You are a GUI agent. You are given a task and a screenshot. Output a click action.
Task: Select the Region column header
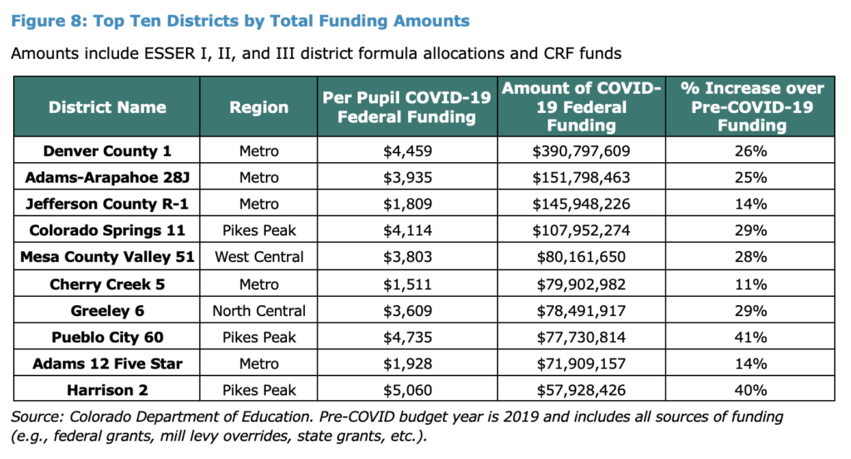click(x=258, y=107)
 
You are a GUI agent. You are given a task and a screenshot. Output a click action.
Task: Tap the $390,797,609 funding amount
click(x=582, y=151)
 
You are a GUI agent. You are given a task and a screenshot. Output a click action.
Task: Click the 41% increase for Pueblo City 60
click(x=750, y=337)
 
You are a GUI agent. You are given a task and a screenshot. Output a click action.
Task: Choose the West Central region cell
click(x=258, y=258)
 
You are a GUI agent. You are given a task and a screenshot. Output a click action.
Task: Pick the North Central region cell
click(x=258, y=311)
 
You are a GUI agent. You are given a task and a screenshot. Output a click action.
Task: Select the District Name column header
click(x=106, y=107)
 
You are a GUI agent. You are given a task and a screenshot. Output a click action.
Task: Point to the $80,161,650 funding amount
click(x=582, y=258)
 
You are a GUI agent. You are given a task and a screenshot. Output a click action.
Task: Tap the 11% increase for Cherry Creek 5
click(x=750, y=284)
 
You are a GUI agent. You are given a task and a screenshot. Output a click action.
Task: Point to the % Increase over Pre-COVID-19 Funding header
click(x=750, y=107)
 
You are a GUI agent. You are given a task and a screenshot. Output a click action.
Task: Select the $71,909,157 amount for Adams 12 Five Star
click(x=582, y=363)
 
